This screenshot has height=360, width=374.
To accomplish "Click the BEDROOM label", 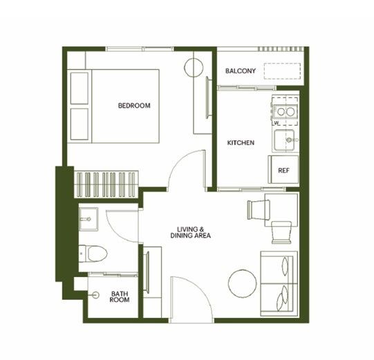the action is pyautogui.click(x=134, y=106).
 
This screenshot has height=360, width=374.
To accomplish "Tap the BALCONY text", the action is pyautogui.click(x=241, y=70).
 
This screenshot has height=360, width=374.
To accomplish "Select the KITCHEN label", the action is pyautogui.click(x=241, y=142).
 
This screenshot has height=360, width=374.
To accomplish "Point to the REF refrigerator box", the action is pyautogui.click(x=283, y=169).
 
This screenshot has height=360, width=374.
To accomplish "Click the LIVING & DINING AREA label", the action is pyautogui.click(x=191, y=232).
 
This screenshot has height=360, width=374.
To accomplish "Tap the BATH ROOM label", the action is pyautogui.click(x=120, y=296).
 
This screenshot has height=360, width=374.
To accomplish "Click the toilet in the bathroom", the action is pyautogui.click(x=93, y=254).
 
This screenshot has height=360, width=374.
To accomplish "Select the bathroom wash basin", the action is pyautogui.click(x=88, y=219).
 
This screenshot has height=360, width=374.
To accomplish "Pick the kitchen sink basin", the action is pyautogui.click(x=284, y=140).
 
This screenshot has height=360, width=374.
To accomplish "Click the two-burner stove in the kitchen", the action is pyautogui.click(x=286, y=111).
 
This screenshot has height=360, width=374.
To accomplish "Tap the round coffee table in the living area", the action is pyautogui.click(x=243, y=283).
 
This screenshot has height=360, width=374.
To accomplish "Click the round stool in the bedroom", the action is pyautogui.click(x=194, y=67).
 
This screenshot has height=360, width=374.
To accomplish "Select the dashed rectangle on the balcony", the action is pyautogui.click(x=282, y=71).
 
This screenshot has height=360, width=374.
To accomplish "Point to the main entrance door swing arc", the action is pyautogui.click(x=200, y=286).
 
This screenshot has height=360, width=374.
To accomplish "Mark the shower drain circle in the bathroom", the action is pyautogui.click(x=96, y=295).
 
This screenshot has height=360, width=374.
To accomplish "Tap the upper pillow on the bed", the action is pyautogui.click(x=80, y=88).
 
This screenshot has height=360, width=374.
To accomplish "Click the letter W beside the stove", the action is pyautogui.click(x=277, y=123).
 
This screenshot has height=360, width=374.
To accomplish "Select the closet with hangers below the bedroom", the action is pyautogui.click(x=106, y=184).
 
